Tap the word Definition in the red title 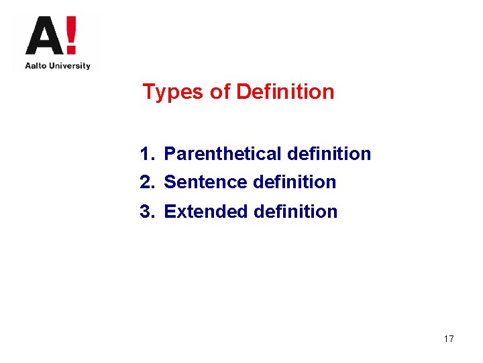coord(285,91)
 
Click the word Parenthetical coord(223,154)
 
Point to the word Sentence coord(206,182)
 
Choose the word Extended coord(206,212)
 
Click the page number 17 coord(449,339)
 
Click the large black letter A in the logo coord(42,38)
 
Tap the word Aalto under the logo coord(36,66)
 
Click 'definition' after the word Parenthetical coord(329,154)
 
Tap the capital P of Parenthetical coord(170,154)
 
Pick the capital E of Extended coord(170,212)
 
